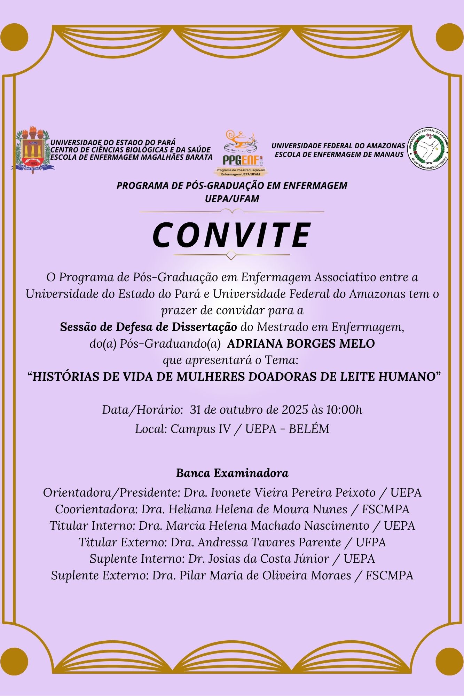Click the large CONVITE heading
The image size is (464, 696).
coord(232,235)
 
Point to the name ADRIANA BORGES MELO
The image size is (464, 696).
coord(301,344)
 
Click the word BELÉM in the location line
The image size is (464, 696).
coord(309,429)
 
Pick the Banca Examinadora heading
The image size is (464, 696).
coord(232,473)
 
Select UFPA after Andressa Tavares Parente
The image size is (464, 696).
coord(371,542)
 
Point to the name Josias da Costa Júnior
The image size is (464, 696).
coord(268,559)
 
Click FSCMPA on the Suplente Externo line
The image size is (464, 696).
coord(390,576)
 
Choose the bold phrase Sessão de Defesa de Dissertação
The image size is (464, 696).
coord(149,327)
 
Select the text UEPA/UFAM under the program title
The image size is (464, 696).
coord(232,199)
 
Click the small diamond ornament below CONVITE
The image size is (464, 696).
coord(231,255)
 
